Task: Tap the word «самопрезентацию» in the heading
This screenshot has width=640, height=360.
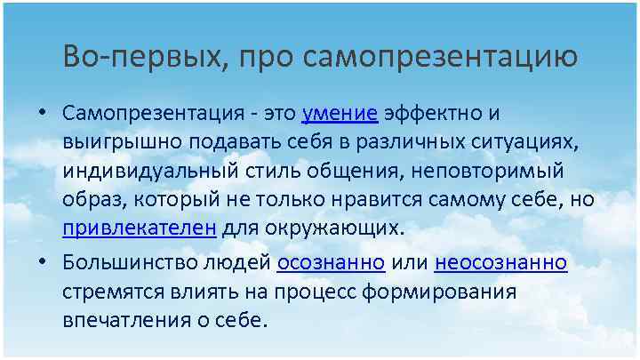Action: (x=439, y=58)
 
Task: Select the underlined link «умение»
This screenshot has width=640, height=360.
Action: (x=340, y=114)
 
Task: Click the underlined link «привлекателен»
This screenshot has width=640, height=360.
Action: (x=140, y=227)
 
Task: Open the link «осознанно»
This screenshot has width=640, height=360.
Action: (x=331, y=263)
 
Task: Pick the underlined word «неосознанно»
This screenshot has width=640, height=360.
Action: (x=501, y=263)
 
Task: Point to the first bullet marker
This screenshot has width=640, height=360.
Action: (x=42, y=115)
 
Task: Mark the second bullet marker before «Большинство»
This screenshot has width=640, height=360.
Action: (x=42, y=263)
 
